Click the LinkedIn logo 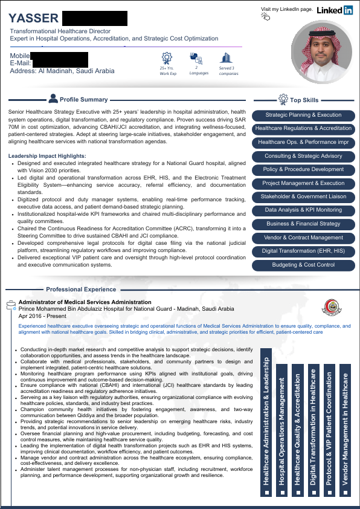(x=335, y=10)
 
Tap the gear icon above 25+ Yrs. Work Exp (x=167, y=58)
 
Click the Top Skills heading (x=304, y=100)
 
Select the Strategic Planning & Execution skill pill (x=303, y=115)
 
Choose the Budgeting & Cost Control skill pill (x=303, y=265)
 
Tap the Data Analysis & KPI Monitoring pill (x=303, y=210)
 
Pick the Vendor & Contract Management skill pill (x=303, y=238)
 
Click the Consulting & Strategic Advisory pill (x=303, y=156)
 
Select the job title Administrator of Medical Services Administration (x=85, y=302)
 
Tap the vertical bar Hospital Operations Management (x=282, y=427)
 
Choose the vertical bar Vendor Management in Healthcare (x=345, y=427)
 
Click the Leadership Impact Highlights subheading (x=47, y=156)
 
